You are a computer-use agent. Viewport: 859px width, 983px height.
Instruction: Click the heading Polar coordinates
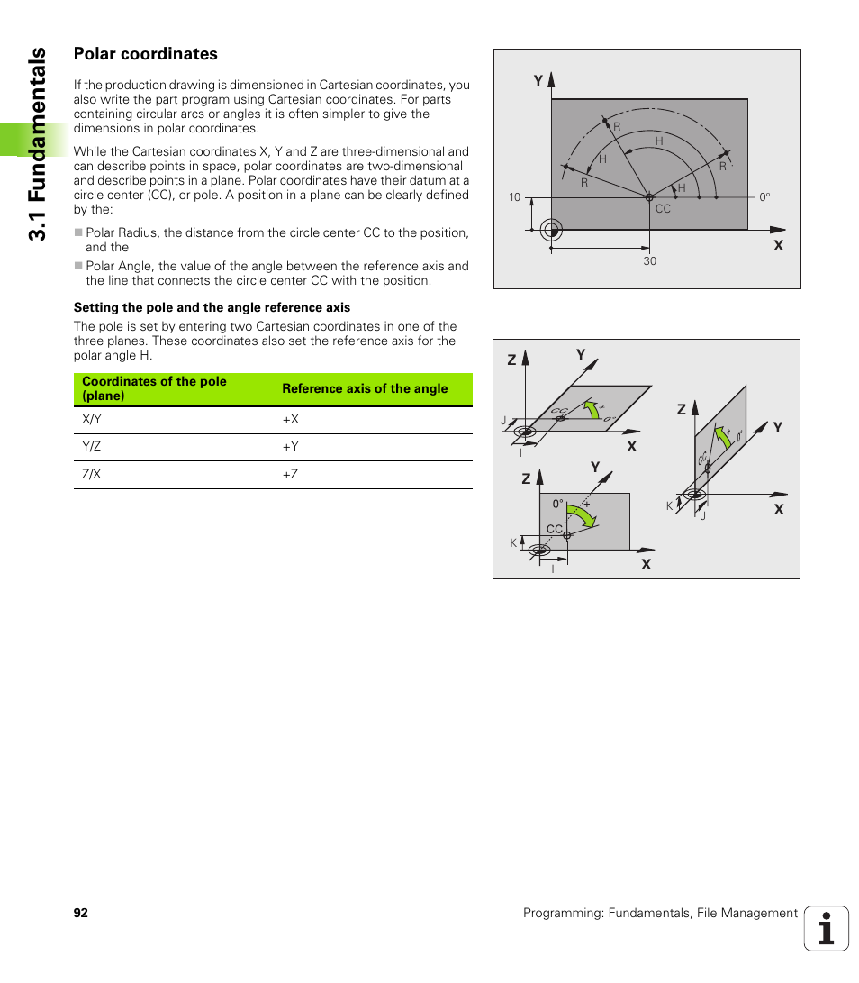145,54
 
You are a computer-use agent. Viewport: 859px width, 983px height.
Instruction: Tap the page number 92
81,913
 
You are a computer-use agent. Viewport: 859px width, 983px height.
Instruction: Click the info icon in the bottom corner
826,928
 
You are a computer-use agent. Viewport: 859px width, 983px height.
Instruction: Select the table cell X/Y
92,419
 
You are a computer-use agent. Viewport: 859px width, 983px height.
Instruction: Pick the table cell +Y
290,447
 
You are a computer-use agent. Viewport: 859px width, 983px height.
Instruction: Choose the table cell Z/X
92,474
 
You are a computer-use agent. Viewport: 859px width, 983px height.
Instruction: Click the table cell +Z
290,474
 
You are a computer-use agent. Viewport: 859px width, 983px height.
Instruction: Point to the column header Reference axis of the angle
365,388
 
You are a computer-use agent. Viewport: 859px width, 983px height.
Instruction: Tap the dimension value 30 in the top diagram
649,261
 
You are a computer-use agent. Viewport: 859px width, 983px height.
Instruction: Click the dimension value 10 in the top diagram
514,197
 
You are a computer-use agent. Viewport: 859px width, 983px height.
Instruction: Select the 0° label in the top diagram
764,196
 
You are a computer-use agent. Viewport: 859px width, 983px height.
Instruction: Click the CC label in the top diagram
663,209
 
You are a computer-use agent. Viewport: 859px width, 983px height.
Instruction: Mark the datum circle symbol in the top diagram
553,231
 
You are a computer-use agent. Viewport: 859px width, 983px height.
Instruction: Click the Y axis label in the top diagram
538,81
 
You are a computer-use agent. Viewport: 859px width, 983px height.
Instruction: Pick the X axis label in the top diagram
779,245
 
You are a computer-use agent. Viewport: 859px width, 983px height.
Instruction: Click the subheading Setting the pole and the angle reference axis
212,307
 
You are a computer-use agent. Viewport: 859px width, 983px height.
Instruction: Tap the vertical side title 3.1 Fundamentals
36,144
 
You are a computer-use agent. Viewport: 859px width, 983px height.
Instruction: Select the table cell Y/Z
92,447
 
